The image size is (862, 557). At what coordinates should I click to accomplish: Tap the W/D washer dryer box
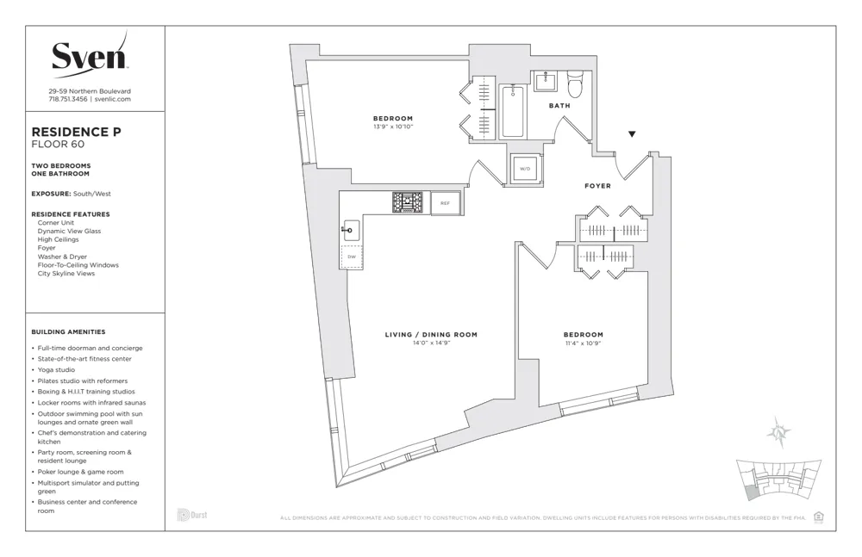[x=525, y=169]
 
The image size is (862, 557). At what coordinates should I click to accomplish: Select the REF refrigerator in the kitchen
[x=445, y=203]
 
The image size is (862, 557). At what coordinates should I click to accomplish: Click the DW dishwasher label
[x=352, y=257]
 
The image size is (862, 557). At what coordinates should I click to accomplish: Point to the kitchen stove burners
[x=408, y=202]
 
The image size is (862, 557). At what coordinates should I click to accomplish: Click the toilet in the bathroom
[x=576, y=84]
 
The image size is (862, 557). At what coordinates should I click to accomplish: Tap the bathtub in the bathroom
[x=513, y=111]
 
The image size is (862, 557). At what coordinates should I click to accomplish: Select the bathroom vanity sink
[x=546, y=82]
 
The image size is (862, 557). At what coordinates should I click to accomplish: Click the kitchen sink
[x=351, y=229]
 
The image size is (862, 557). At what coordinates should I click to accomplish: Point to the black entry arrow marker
[x=632, y=134]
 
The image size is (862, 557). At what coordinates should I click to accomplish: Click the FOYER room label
[x=597, y=186]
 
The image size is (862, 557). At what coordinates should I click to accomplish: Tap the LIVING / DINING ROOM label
[x=431, y=335]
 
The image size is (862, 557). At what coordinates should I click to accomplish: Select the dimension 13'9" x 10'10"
[x=393, y=127]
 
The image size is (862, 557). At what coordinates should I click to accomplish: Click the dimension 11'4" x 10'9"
[x=584, y=343]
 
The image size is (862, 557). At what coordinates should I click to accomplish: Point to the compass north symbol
[x=779, y=433]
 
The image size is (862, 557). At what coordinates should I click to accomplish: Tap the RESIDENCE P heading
[x=76, y=132]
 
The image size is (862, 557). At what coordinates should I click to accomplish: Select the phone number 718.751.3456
[x=67, y=99]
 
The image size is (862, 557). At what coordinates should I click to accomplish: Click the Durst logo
[x=192, y=515]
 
